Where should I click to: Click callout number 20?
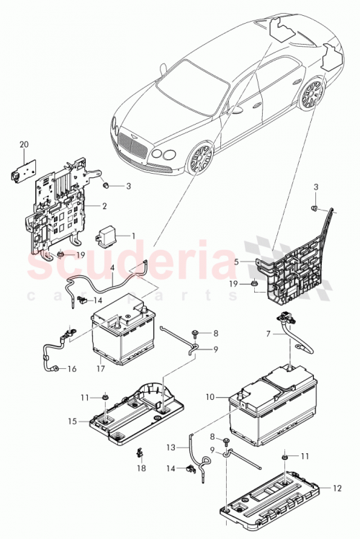coord(24,145)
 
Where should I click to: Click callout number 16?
coord(71,369)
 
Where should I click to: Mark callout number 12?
coord(336,489)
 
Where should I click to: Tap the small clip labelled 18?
coord(139,454)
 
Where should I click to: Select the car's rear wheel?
coord(310,96)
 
